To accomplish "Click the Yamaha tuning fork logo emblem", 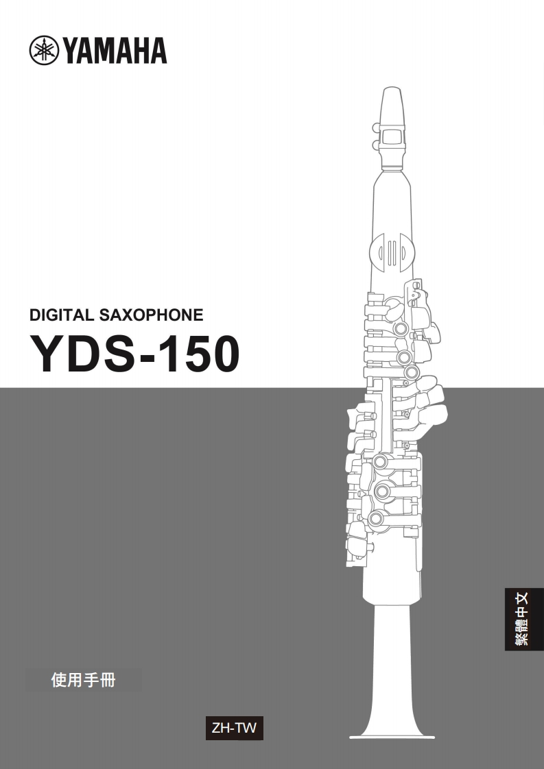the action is click(44, 51).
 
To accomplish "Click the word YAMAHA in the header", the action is click(115, 51).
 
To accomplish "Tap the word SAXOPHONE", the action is click(151, 315).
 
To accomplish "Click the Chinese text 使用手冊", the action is click(84, 680).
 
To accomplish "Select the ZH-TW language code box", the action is click(234, 728).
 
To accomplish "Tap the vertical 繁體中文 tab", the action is click(524, 619).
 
